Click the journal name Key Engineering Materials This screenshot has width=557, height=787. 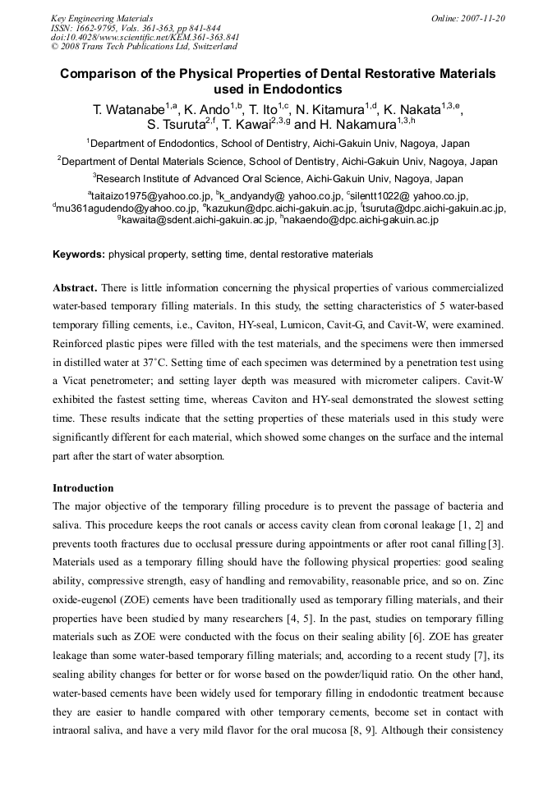coord(102,17)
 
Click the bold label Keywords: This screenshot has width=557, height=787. coord(79,254)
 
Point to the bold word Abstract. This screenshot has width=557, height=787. coord(75,288)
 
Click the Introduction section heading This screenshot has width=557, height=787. coord(83,487)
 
